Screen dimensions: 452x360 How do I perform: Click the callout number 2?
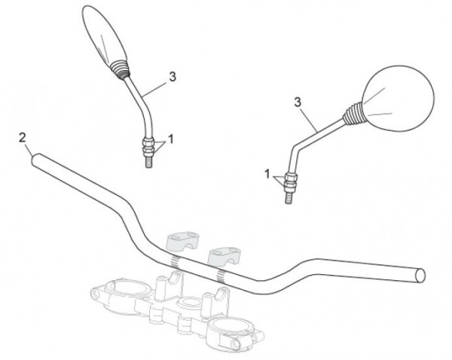pyautogui.click(x=22, y=138)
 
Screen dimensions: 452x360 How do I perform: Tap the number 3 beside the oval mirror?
pyautogui.click(x=173, y=77)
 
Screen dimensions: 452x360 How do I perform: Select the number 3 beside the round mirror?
pyautogui.click(x=298, y=102)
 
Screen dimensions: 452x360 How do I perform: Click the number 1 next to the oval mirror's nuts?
pyautogui.click(x=171, y=139)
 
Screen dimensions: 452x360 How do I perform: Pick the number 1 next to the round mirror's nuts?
pyautogui.click(x=267, y=174)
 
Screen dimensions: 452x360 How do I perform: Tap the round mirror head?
pyautogui.click(x=398, y=99)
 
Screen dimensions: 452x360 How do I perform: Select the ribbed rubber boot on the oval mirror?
pyautogui.click(x=121, y=69)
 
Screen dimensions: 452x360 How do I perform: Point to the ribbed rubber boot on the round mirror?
pyautogui.click(x=354, y=114)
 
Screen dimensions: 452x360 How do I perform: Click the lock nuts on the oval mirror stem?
pyautogui.click(x=148, y=145)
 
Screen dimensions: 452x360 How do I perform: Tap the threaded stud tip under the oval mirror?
pyautogui.click(x=148, y=160)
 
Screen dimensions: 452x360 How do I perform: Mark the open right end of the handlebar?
pyautogui.click(x=420, y=275)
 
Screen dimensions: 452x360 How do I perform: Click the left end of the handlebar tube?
pyautogui.click(x=35, y=160)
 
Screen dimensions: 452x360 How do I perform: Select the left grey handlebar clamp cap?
pyautogui.click(x=183, y=241)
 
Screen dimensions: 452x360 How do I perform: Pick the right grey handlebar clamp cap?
pyautogui.click(x=224, y=256)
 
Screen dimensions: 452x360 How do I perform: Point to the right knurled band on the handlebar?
pyautogui.click(x=221, y=276)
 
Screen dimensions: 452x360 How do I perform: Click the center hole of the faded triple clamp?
pyautogui.click(x=189, y=303)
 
